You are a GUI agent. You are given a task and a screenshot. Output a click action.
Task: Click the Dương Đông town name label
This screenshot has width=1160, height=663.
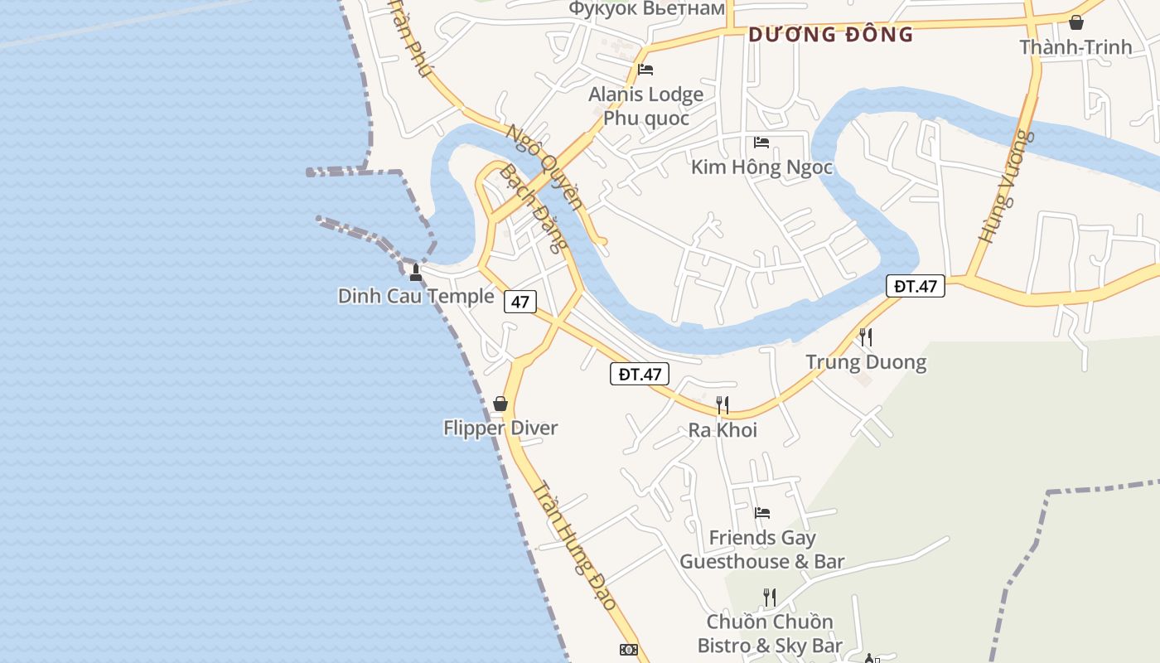pyautogui.click(x=830, y=35)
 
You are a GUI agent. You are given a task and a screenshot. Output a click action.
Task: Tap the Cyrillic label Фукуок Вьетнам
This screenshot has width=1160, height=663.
pyautogui.click(x=647, y=8)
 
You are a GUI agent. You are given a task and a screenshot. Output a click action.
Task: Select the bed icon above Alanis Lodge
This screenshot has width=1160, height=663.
pyautogui.click(x=645, y=70)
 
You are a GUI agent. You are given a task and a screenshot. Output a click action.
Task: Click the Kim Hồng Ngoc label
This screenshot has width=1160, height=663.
pyautogui.click(x=761, y=167)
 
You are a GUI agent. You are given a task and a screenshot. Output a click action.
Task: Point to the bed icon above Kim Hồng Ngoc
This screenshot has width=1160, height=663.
pyautogui.click(x=761, y=143)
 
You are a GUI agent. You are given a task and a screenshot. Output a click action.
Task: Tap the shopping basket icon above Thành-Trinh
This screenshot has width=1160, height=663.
pyautogui.click(x=1076, y=22)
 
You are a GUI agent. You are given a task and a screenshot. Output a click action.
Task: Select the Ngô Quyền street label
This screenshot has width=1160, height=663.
pyautogui.click(x=544, y=167)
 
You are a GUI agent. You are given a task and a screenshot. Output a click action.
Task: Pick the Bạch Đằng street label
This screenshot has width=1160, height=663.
pyautogui.click(x=535, y=207)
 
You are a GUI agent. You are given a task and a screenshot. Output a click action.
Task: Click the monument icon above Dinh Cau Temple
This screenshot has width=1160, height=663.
pyautogui.click(x=416, y=272)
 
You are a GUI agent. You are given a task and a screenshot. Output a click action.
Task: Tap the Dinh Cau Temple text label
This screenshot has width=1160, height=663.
pyautogui.click(x=415, y=296)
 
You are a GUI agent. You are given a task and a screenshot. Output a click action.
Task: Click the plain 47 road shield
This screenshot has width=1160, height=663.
pyautogui.click(x=520, y=302)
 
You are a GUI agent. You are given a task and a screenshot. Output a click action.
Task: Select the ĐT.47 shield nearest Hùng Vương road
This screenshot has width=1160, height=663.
pyautogui.click(x=916, y=286)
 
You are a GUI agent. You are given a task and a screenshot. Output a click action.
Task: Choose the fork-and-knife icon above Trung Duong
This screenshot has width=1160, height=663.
pyautogui.click(x=866, y=337)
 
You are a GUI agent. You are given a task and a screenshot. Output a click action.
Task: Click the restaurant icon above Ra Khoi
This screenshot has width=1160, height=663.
pyautogui.click(x=723, y=405)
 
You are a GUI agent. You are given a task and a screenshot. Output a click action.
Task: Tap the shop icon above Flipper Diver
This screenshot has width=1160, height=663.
pyautogui.click(x=500, y=404)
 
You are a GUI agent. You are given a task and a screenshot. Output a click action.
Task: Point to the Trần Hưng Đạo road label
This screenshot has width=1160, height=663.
pyautogui.click(x=576, y=546)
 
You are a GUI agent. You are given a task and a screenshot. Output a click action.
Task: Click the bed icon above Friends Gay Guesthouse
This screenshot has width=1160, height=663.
pyautogui.click(x=762, y=513)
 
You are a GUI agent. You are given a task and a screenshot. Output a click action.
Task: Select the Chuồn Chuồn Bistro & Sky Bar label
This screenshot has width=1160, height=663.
pyautogui.click(x=769, y=633)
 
